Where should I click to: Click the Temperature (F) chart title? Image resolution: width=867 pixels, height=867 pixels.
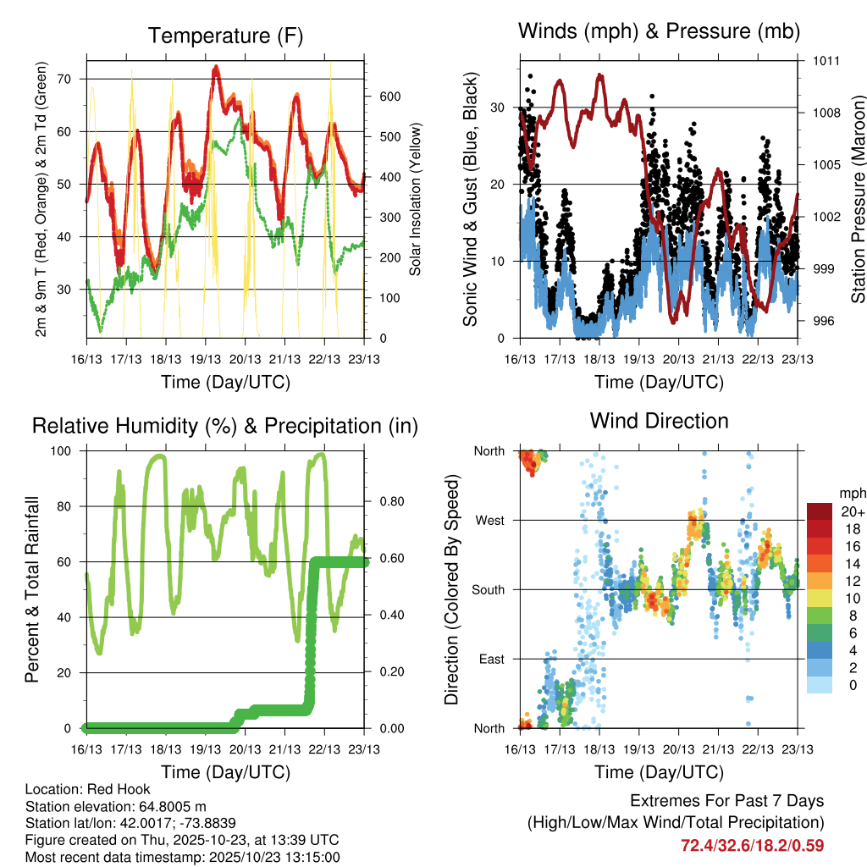pos(224,36)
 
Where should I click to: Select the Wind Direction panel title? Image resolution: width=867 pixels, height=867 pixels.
pos(659,420)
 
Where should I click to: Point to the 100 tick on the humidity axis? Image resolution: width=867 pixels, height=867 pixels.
pos(65,450)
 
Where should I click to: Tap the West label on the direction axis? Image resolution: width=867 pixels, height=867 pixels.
pos(489,520)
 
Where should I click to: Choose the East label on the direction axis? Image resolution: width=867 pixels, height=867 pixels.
pos(491,659)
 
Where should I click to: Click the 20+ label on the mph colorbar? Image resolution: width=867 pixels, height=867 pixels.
pos(852,511)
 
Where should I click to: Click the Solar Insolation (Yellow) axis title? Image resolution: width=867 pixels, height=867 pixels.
pos(416,199)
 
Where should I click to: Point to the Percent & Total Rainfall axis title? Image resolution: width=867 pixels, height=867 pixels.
pos(32,589)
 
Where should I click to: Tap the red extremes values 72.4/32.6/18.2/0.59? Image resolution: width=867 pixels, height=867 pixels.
pos(752,845)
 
